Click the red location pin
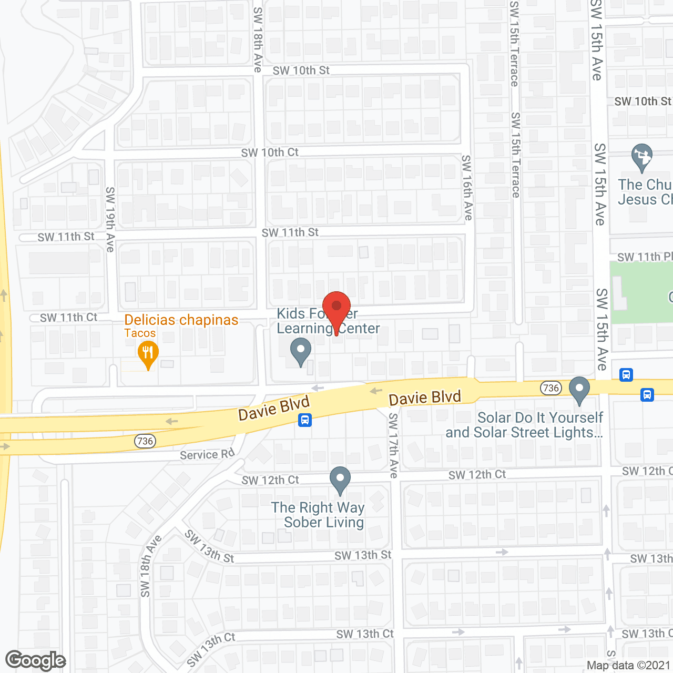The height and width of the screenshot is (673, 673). pyautogui.click(x=336, y=308)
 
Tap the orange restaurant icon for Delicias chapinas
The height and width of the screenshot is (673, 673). pyautogui.click(x=148, y=354)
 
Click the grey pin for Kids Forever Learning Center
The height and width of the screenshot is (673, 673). pyautogui.click(x=301, y=351)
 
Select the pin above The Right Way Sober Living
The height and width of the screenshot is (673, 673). pyautogui.click(x=340, y=480)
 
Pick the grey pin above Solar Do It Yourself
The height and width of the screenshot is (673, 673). pyautogui.click(x=579, y=390)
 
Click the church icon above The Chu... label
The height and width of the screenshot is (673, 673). pyautogui.click(x=641, y=157)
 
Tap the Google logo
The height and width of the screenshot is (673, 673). pyautogui.click(x=35, y=660)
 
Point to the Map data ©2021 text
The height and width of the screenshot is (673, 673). pyautogui.click(x=628, y=666)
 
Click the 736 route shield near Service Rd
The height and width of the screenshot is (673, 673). pyautogui.click(x=145, y=441)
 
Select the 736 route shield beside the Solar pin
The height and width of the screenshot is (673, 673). pyautogui.click(x=550, y=388)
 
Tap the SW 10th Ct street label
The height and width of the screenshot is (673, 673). pyautogui.click(x=270, y=152)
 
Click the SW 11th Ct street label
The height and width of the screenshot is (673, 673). pyautogui.click(x=69, y=318)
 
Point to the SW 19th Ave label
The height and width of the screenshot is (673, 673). pyautogui.click(x=110, y=219)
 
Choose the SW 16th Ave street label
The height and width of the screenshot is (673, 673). pyautogui.click(x=467, y=187)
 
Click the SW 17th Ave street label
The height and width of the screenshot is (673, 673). pyautogui.click(x=393, y=445)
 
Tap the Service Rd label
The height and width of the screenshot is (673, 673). pyautogui.click(x=207, y=454)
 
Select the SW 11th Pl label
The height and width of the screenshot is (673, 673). pyautogui.click(x=645, y=257)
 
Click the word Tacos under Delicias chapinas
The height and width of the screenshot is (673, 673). pyautogui.click(x=140, y=333)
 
